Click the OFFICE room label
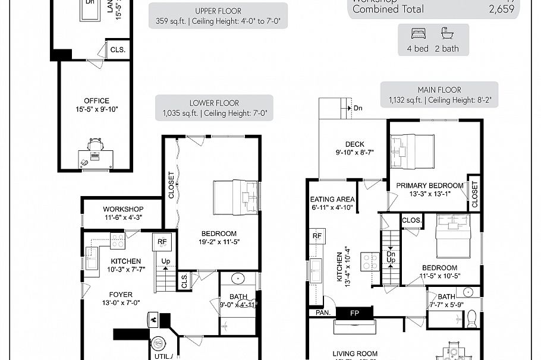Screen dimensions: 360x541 (96, 101)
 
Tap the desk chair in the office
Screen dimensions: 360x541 (95, 144)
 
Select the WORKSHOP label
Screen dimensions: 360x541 (123, 209)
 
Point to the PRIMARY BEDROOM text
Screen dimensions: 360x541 (430, 185)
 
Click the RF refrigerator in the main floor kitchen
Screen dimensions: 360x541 (316, 236)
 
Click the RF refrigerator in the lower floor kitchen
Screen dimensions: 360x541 (162, 242)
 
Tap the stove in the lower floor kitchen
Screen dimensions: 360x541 (117, 241)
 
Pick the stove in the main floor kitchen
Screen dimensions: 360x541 (370, 261)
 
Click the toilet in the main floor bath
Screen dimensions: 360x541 (472, 319)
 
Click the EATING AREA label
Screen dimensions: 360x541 (332, 200)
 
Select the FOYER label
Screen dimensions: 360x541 (121, 295)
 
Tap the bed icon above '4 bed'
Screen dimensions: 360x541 (418, 33)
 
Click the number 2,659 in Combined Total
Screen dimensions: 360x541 (501, 10)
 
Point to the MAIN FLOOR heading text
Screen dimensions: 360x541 (439, 90)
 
